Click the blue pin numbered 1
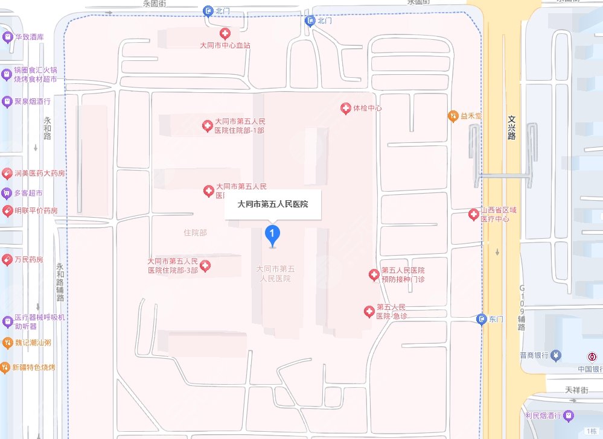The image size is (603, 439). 273,235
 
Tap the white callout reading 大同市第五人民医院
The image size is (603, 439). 273,204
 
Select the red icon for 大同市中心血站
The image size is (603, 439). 225,34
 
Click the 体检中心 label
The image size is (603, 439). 368,109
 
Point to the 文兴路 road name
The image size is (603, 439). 512,128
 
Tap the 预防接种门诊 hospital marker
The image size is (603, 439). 374,275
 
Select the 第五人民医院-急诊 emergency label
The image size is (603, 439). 391,311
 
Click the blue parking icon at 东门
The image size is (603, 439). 481,319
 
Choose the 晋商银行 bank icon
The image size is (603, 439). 555,355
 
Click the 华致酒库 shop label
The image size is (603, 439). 30,37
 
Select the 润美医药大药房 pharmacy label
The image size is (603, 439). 39,174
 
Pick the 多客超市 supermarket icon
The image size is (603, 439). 7,193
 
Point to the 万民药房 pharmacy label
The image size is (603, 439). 28,260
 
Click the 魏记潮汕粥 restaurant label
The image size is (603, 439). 33,343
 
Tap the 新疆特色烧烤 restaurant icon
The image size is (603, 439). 6,367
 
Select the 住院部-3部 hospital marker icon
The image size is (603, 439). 205,266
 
